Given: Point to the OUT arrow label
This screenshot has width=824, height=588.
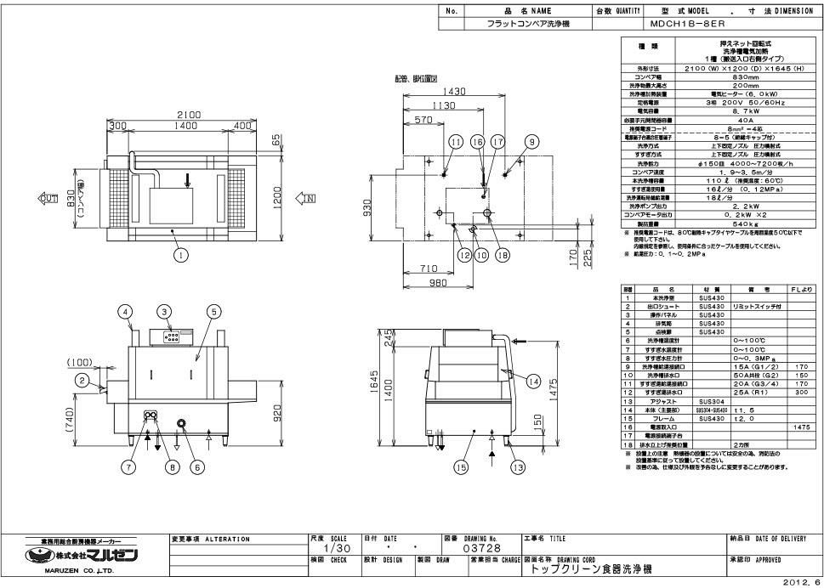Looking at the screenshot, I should pyautogui.click(x=48, y=197).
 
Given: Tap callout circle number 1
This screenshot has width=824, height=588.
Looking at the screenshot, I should pyautogui.click(x=179, y=252).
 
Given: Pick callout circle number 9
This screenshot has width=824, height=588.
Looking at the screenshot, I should pyautogui.click(x=531, y=142).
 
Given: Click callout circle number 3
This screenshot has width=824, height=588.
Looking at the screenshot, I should pyautogui.click(x=164, y=313).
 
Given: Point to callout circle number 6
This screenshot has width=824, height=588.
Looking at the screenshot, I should pyautogui.click(x=196, y=466).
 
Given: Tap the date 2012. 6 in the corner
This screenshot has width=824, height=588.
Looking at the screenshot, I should pyautogui.click(x=803, y=582).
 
